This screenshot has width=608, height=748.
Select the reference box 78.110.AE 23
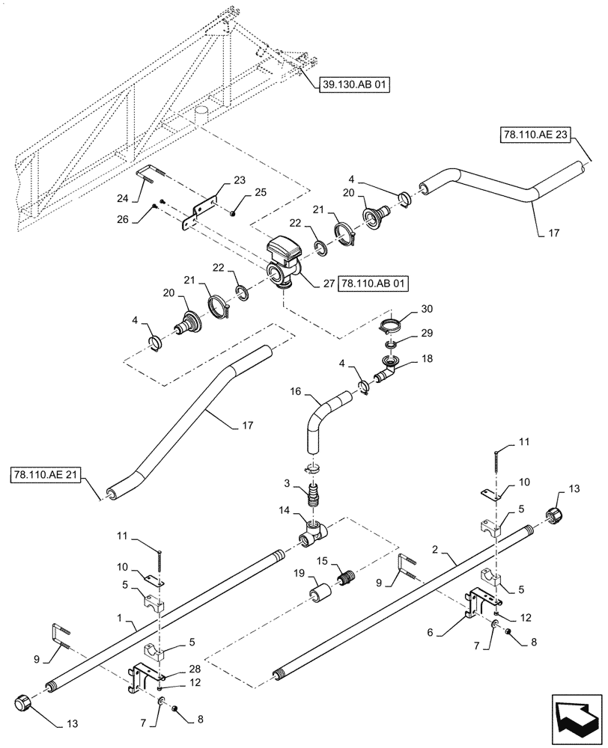(x=535, y=135)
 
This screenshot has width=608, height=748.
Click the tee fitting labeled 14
(x=314, y=533)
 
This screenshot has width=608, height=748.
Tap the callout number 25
(x=240, y=193)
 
